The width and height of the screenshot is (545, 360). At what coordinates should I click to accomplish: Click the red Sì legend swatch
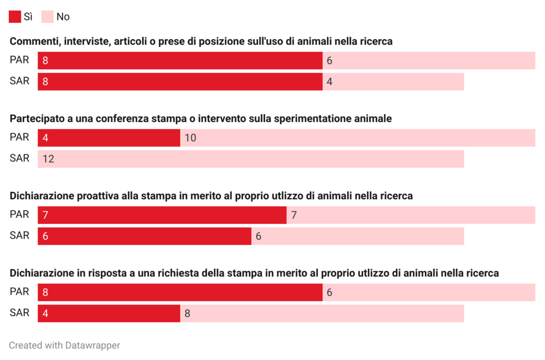point(15,17)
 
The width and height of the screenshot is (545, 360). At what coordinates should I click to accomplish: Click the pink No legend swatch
point(47,17)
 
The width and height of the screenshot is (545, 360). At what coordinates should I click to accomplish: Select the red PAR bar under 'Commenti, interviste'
point(180,60)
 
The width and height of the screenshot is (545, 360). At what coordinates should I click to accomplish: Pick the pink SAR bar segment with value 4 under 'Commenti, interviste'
point(393,82)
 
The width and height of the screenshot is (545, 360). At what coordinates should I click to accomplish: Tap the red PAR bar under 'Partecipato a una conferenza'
point(109,138)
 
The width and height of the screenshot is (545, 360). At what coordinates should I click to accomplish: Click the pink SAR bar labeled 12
point(251,159)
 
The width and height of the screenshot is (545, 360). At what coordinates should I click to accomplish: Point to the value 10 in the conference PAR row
point(190,138)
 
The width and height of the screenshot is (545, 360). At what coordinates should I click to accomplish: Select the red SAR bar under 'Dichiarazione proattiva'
point(144,236)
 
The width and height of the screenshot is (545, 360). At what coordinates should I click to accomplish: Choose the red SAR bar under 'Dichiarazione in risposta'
point(109,314)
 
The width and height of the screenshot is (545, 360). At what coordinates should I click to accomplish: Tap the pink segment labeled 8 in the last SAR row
point(322,314)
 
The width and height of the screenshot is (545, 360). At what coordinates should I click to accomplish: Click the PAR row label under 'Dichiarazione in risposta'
point(20,292)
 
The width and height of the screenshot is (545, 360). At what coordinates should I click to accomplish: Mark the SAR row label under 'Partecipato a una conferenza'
point(20,158)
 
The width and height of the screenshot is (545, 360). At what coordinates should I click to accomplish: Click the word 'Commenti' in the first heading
point(33,41)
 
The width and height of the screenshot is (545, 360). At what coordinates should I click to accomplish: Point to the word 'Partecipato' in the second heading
point(37,119)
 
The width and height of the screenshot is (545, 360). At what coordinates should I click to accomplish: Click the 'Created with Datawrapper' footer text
point(64,345)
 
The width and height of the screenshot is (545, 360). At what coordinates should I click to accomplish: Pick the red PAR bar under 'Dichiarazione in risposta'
point(180,292)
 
